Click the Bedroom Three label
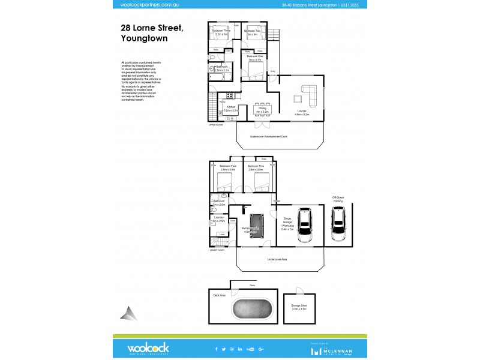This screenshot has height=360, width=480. coord(221,32)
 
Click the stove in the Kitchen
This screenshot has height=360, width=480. coord(230,95)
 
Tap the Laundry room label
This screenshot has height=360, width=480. coord(218,219)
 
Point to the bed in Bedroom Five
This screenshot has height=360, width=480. coord(259,181)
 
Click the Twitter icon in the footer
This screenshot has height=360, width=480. coord(224,349)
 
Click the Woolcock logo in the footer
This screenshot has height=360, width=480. coord(148,349)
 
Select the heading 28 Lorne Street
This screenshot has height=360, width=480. coord(152,28)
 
